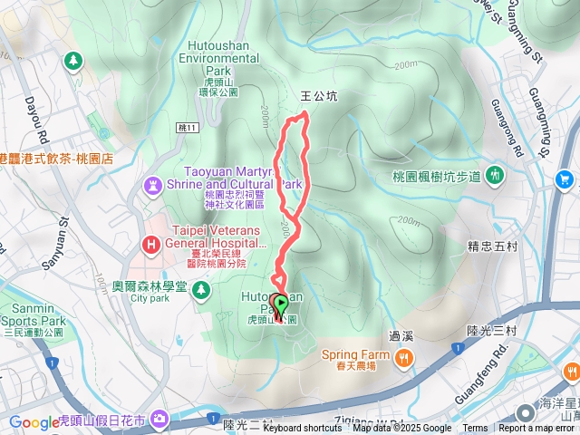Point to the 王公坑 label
point(318,94)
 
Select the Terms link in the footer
point(475,429)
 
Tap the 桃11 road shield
point(188,128)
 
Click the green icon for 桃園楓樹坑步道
point(495,174)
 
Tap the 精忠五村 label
point(491,244)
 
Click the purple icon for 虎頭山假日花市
point(159,419)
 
